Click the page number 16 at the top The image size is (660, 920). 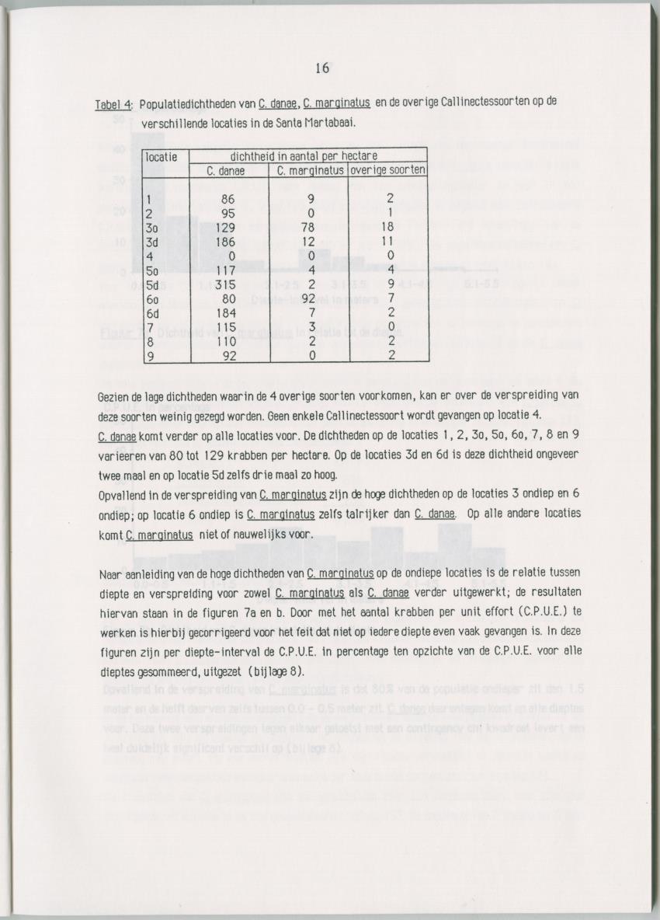[322, 68]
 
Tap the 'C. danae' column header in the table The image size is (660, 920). [227, 171]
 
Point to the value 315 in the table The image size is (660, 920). [225, 284]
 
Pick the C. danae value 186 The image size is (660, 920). [225, 242]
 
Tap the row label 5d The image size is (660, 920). [154, 284]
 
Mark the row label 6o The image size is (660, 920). [154, 298]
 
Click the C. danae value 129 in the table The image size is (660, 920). [225, 227]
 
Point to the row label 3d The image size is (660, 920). [154, 242]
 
